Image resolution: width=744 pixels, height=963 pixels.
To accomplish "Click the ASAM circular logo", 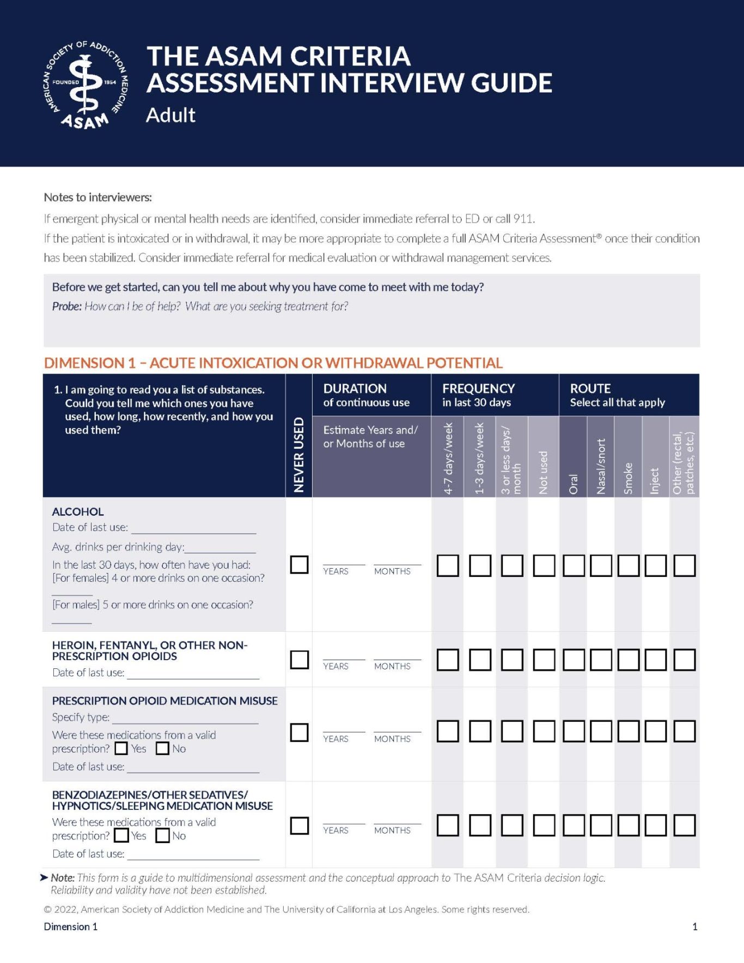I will (86, 85).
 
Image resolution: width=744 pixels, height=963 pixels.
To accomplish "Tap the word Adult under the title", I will (170, 115).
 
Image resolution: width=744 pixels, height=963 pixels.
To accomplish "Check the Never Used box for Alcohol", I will (299, 564).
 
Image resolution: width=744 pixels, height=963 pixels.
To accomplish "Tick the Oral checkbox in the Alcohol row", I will (574, 565).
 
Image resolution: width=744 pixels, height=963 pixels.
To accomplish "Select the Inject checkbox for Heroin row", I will (655, 660).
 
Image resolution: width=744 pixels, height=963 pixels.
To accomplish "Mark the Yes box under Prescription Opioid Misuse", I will (121, 748).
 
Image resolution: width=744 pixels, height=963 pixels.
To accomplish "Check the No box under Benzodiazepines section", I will (162, 836).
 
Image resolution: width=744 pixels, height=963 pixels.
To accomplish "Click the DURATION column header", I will (355, 388).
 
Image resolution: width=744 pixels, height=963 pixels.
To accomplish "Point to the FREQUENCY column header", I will (478, 388).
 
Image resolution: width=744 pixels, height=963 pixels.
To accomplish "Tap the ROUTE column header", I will (590, 388).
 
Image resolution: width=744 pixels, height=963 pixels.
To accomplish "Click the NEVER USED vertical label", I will (298, 455).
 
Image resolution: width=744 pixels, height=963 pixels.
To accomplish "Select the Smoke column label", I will (628, 478).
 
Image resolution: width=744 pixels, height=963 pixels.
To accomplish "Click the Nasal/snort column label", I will (601, 466).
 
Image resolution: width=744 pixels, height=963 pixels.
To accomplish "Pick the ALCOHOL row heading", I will (78, 511).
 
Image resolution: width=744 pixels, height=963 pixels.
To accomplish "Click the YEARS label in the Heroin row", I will (336, 666).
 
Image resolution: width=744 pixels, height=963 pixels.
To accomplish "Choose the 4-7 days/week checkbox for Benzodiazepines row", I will (448, 825).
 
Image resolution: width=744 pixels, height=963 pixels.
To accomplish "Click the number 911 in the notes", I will (523, 218).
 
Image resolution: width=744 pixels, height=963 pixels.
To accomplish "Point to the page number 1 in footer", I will (694, 927).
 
